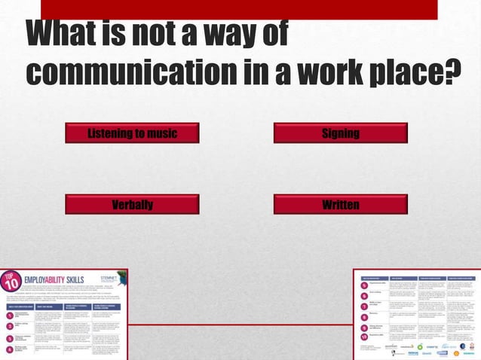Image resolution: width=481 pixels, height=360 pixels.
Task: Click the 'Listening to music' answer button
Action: [132, 133]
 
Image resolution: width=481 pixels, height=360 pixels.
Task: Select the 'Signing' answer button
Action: [340, 133]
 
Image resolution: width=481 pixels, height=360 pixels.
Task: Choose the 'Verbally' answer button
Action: [132, 204]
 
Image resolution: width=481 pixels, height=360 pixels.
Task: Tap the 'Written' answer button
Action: [340, 204]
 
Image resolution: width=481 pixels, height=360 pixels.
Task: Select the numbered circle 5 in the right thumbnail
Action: [364, 285]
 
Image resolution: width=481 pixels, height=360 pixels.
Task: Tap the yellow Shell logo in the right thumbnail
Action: [456, 352]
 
